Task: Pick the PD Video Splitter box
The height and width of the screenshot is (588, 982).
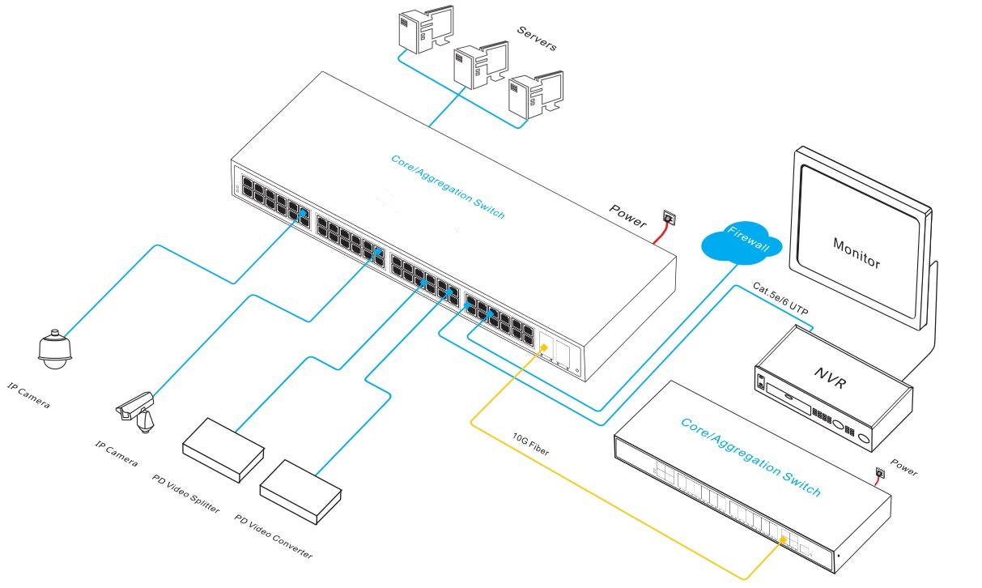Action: pos(222,450)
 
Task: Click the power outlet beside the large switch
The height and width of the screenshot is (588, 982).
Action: pos(668,217)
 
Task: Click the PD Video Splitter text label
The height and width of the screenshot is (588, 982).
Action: pos(185,494)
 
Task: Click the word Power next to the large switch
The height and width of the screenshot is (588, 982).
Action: pos(628,216)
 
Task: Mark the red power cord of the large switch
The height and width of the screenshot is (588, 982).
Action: pos(659,232)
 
